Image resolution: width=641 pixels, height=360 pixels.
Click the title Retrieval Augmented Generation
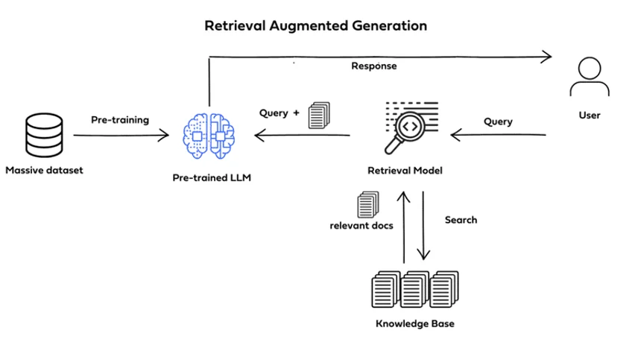316,26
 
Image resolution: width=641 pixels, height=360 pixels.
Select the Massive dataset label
45,170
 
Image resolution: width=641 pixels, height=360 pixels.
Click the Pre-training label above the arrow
120,119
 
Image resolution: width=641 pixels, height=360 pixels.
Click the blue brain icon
209,135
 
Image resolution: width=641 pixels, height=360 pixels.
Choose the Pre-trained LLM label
211,177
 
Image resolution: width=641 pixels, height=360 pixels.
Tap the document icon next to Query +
319,114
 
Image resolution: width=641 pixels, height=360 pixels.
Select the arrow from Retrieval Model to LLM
302,136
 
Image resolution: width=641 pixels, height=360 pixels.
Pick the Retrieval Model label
405,171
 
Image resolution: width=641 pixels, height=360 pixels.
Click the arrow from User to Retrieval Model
498,136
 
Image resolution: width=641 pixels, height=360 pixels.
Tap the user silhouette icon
590,78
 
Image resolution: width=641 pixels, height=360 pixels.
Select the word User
590,116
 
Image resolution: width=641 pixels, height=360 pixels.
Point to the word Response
374,66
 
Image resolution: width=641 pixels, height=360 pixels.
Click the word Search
461,220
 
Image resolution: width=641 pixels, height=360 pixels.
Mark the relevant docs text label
361,226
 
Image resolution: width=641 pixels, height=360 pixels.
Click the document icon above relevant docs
367,205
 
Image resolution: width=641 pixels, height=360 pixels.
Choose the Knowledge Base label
414,323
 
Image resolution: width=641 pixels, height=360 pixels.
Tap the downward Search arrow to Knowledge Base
423,224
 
